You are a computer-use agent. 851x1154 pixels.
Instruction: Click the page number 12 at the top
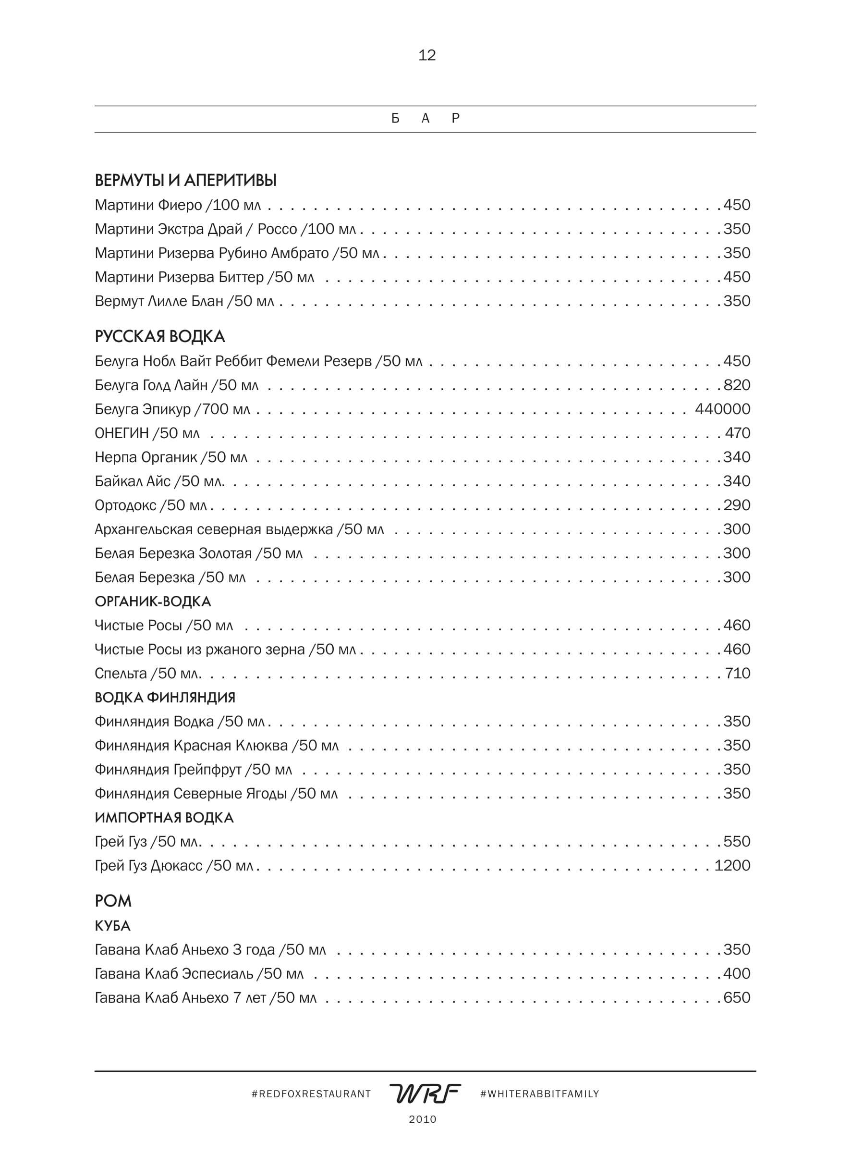(x=426, y=55)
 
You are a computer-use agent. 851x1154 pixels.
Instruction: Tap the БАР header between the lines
(x=425, y=119)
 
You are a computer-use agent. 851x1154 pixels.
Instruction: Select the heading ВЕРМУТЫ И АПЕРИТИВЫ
(x=185, y=180)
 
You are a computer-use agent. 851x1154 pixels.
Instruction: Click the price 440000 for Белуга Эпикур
(x=722, y=409)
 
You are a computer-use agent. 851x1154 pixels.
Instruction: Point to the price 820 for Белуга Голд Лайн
(x=737, y=385)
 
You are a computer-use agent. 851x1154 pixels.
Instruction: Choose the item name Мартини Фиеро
(x=148, y=205)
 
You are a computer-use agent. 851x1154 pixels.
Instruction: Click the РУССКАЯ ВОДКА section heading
(x=160, y=337)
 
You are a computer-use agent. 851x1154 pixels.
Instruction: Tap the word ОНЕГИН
(x=122, y=433)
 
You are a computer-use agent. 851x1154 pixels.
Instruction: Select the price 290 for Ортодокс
(x=737, y=505)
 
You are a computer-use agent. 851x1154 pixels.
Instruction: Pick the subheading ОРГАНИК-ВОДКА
(x=153, y=601)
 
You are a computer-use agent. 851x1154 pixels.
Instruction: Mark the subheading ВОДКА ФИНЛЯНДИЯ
(x=165, y=698)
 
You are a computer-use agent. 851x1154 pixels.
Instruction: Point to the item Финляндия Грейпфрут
(x=168, y=770)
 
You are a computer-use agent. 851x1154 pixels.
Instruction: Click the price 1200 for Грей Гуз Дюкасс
(x=732, y=866)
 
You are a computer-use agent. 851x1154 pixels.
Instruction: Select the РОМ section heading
(x=113, y=901)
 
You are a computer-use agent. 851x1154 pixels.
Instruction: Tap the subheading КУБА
(x=112, y=926)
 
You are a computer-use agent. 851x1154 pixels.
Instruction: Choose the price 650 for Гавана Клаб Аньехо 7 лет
(x=737, y=997)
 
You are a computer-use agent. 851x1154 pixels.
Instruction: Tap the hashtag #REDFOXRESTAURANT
(x=311, y=1094)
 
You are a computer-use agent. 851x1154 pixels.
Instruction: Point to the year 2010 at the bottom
(x=423, y=1119)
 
